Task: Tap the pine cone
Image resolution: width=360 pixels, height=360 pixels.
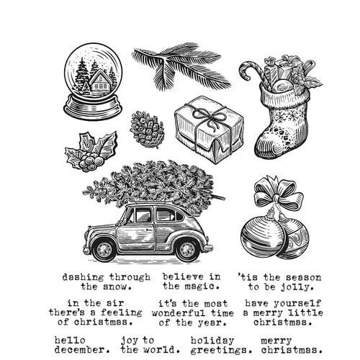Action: [147, 130]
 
